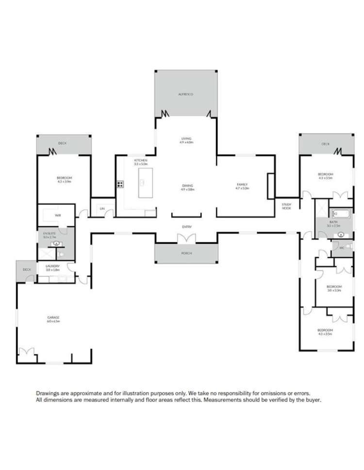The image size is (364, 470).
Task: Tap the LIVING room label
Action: (186, 141)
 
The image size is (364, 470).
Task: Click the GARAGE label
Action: (53, 319)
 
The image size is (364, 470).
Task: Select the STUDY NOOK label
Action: (286, 206)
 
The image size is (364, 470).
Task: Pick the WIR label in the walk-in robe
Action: (57, 215)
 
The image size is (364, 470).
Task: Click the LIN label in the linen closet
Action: (102, 209)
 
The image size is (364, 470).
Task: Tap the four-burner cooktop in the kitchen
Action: (119, 184)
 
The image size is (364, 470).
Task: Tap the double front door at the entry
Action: (186, 238)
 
